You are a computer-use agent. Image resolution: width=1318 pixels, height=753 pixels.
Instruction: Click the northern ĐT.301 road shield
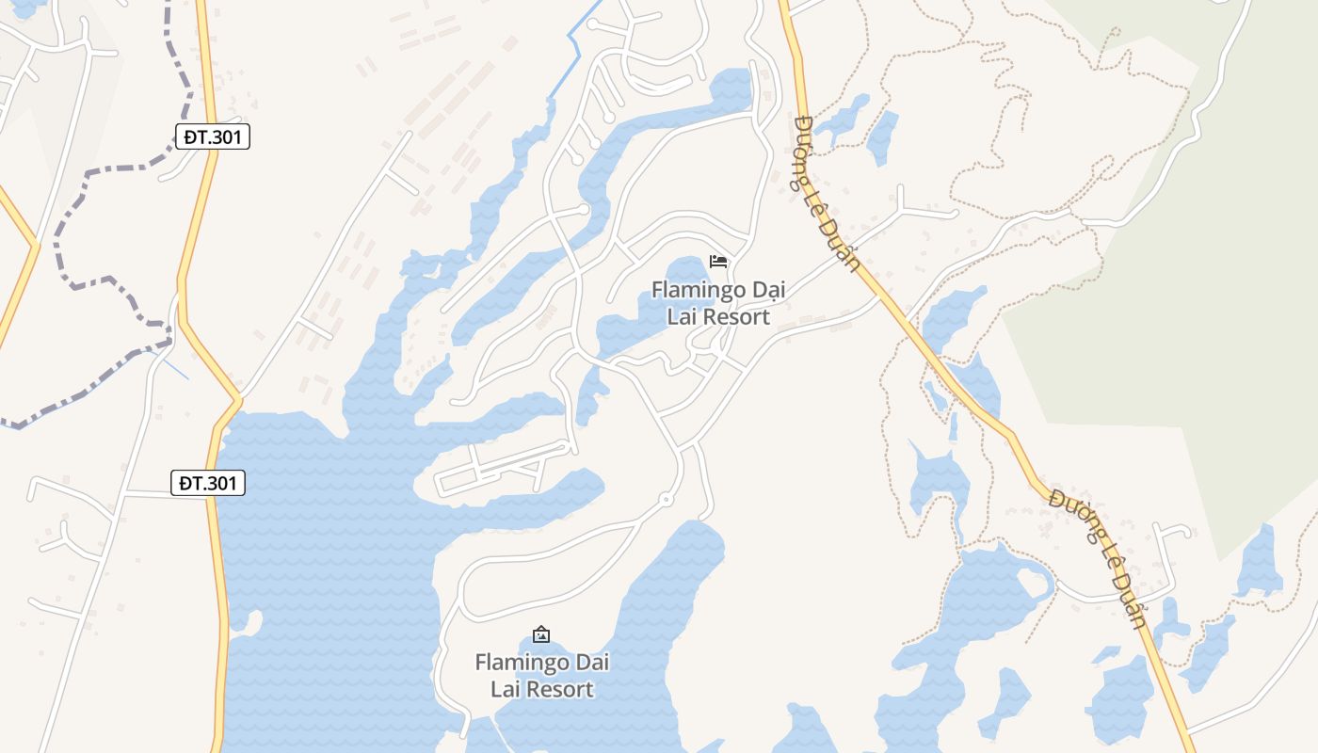pyautogui.click(x=213, y=136)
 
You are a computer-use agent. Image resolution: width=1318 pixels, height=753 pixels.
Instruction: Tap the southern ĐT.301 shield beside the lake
pyautogui.click(x=209, y=483)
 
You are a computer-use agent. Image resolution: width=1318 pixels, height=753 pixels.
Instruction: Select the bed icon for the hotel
pyautogui.click(x=718, y=261)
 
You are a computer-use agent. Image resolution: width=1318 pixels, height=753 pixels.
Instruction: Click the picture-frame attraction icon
pyautogui.click(x=541, y=634)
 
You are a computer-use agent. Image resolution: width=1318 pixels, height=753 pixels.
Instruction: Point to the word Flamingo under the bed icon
pyautogui.click(x=695, y=290)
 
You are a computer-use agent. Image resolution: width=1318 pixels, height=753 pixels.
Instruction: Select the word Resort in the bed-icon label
pyautogui.click(x=731, y=317)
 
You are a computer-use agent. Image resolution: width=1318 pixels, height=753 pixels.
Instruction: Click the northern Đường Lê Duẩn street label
pyautogui.click(x=827, y=194)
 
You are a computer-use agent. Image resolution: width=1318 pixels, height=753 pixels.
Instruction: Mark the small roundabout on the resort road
pyautogui.click(x=666, y=499)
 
